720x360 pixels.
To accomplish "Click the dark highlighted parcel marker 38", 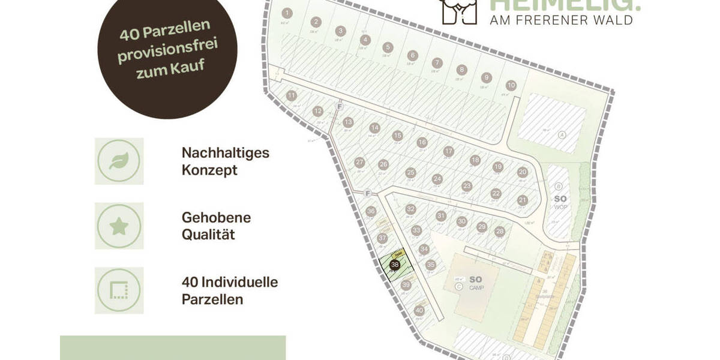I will pyautogui.click(x=395, y=265).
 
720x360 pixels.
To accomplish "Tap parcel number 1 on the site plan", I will pyautogui.click(x=287, y=13).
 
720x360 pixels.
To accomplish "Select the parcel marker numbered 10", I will pyautogui.click(x=511, y=85).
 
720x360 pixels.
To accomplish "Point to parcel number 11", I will pyautogui.click(x=292, y=95).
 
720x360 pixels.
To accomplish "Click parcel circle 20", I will pyautogui.click(x=523, y=172).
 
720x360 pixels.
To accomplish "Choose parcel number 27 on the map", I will pyautogui.click(x=360, y=162).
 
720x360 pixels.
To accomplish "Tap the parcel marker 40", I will pyautogui.click(x=419, y=310).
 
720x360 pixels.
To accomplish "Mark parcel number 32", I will pyautogui.click(x=410, y=209).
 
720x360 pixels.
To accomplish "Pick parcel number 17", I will pyautogui.click(x=448, y=151).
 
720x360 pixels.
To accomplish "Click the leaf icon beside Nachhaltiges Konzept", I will pyautogui.click(x=119, y=161).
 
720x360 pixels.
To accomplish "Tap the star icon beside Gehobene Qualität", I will pyautogui.click(x=119, y=226).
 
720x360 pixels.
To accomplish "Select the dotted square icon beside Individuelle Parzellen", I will pyautogui.click(x=119, y=290).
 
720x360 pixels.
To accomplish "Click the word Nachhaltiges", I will pyautogui.click(x=226, y=153).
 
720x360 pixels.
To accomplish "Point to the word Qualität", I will pyautogui.click(x=208, y=234).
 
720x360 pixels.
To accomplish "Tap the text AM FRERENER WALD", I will pyautogui.click(x=562, y=20).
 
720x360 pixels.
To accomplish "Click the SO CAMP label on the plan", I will pyautogui.click(x=475, y=282).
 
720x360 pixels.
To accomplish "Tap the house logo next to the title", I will pyautogui.click(x=460, y=10).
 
